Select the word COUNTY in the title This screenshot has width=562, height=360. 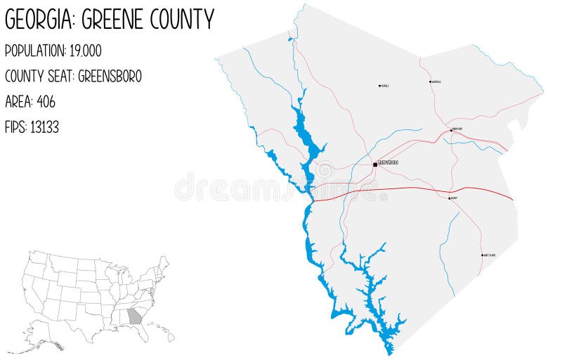point(182,20)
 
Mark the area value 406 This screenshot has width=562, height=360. point(44,101)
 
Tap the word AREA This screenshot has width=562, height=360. point(17,101)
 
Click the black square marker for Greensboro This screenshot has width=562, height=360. point(374,165)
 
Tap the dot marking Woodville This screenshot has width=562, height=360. point(430,82)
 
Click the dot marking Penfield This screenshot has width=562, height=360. point(379,86)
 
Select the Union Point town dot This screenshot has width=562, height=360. point(451,130)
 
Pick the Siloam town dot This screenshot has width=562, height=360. point(450,198)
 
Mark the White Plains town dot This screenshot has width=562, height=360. point(482,255)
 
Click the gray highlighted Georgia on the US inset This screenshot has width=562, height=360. point(134,316)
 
